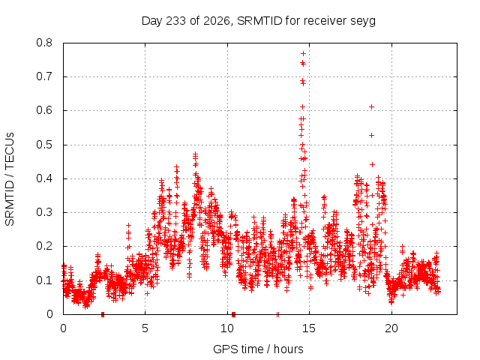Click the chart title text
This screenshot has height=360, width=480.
coord(258,21)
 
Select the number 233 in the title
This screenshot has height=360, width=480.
coord(175,21)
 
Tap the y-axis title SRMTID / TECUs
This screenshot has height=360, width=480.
coord(10,179)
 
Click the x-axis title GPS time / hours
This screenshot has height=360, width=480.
coord(258,349)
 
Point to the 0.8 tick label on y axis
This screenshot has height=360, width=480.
coord(44,43)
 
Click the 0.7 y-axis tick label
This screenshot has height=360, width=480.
coord(44,76)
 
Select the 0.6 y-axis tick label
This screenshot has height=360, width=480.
coord(44,110)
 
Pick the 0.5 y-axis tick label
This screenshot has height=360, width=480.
coord(44,145)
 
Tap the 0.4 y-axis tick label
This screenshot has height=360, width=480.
coord(44,178)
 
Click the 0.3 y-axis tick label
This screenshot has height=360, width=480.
coord(44,212)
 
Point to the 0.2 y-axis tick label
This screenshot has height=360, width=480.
coord(44,246)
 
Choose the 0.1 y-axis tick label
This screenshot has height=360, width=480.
coord(44,280)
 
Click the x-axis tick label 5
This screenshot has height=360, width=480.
coord(145,328)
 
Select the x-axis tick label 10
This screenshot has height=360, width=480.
coord(227,328)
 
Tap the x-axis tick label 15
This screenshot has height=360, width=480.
coord(309,328)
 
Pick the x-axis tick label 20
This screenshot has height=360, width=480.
coord(391,328)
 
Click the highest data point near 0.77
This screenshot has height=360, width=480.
coord(303,53)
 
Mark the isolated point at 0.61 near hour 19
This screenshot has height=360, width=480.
coord(372,106)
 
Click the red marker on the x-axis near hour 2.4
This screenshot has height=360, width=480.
coord(103,314)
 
